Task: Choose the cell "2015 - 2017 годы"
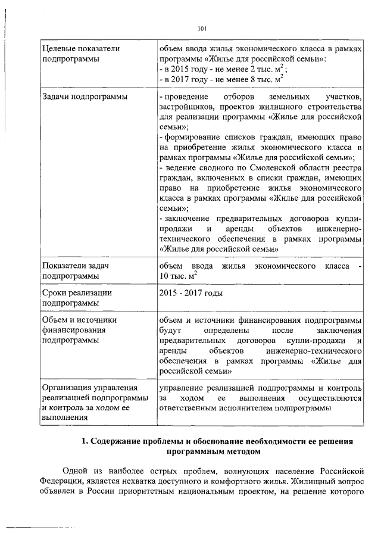[190, 292]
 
